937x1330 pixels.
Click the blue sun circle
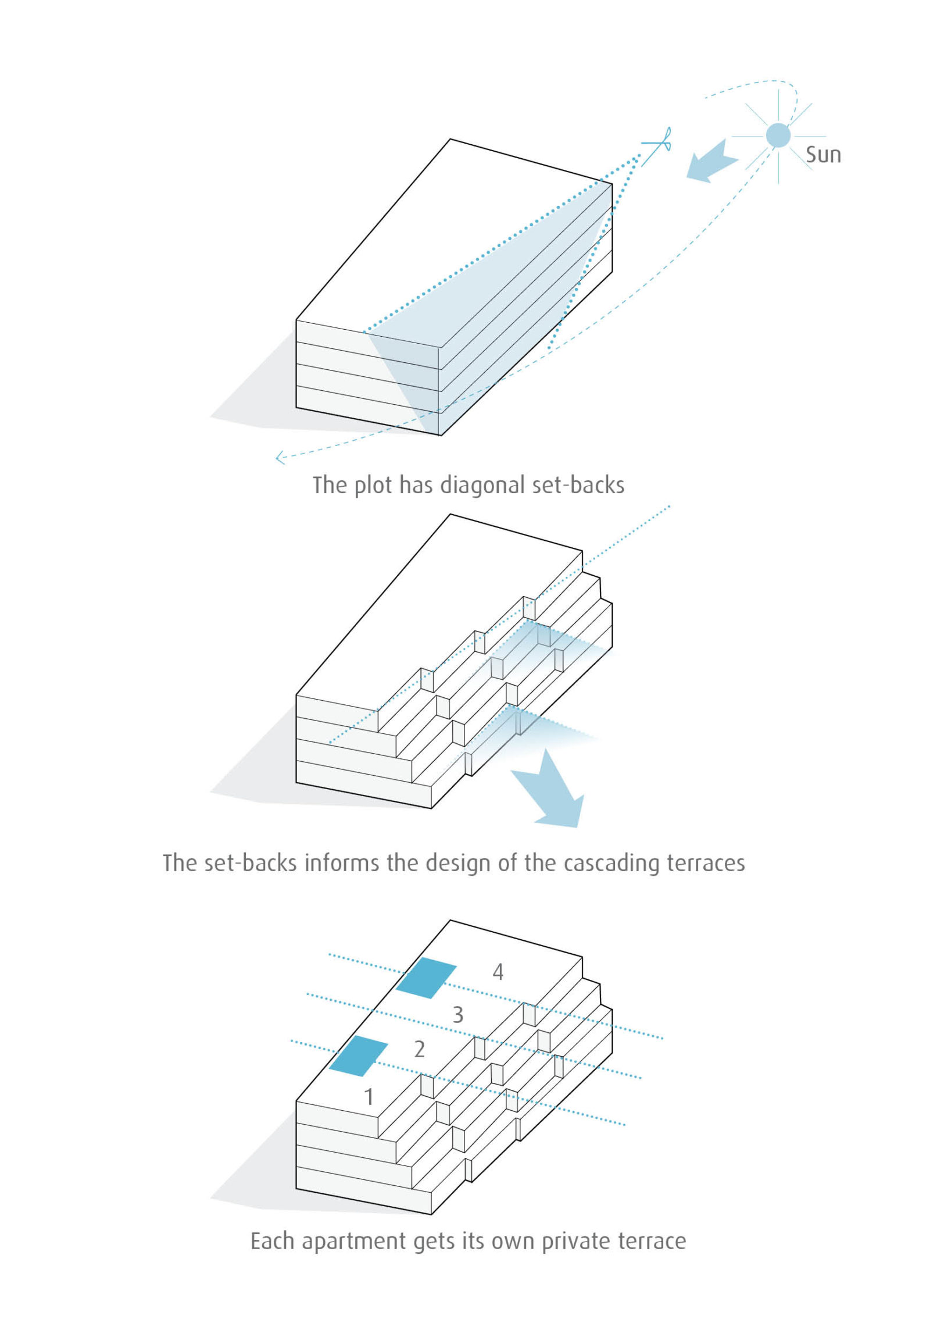tap(778, 136)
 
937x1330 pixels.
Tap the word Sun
tap(823, 155)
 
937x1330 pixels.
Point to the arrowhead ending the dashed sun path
tap(280, 458)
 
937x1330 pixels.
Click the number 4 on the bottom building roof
tap(498, 972)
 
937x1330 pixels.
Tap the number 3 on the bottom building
tap(458, 1015)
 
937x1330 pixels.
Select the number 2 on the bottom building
tap(419, 1049)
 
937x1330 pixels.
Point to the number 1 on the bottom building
tap(369, 1097)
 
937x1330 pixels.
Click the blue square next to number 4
tap(426, 978)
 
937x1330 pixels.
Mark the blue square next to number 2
tap(359, 1055)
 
